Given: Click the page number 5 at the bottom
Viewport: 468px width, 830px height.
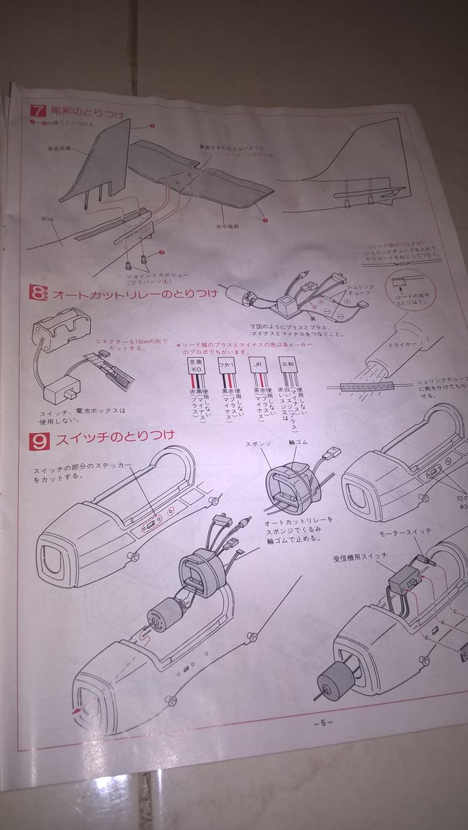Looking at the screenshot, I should click(323, 723).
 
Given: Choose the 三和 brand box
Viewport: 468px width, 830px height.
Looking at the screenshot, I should click(288, 364).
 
